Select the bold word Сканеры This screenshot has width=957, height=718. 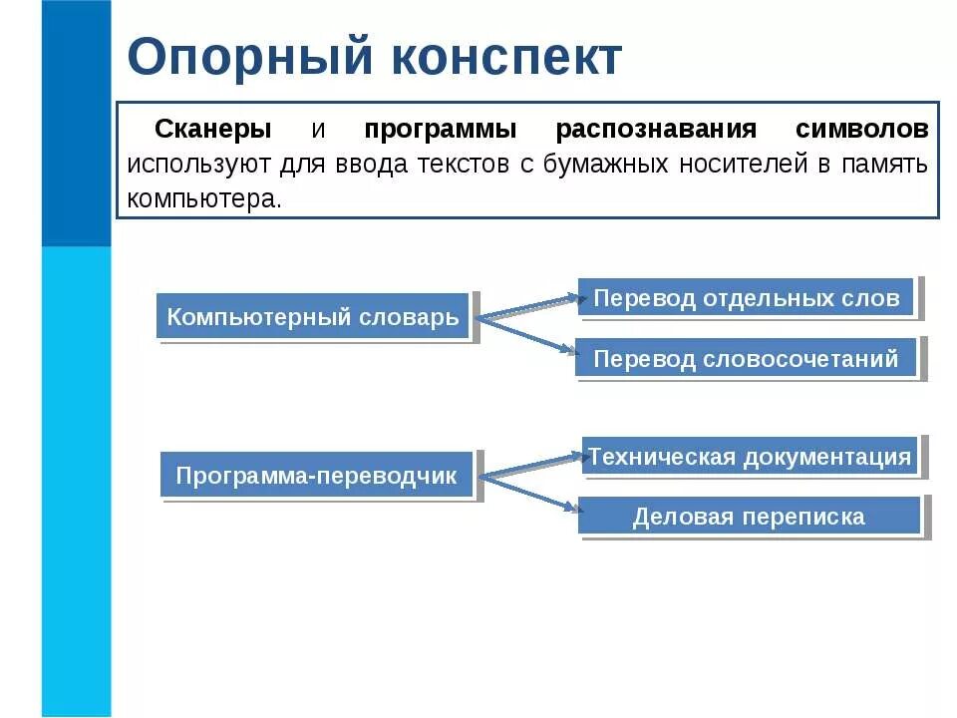point(212,131)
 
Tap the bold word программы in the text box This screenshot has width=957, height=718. point(440,131)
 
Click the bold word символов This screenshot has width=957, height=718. point(862,131)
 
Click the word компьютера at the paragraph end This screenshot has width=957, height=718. point(204,197)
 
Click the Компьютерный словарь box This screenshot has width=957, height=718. point(313,317)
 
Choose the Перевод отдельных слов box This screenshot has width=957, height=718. point(746,298)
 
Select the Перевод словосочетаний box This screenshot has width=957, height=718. point(746,358)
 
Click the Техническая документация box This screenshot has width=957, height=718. point(749,458)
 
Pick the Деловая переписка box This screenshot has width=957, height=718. point(749,517)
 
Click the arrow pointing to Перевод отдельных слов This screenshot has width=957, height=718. point(528,307)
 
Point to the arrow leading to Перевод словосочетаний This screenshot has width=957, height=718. point(528,334)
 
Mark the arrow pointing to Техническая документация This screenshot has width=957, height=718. point(530,466)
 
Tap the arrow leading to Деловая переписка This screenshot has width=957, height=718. point(530,492)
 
